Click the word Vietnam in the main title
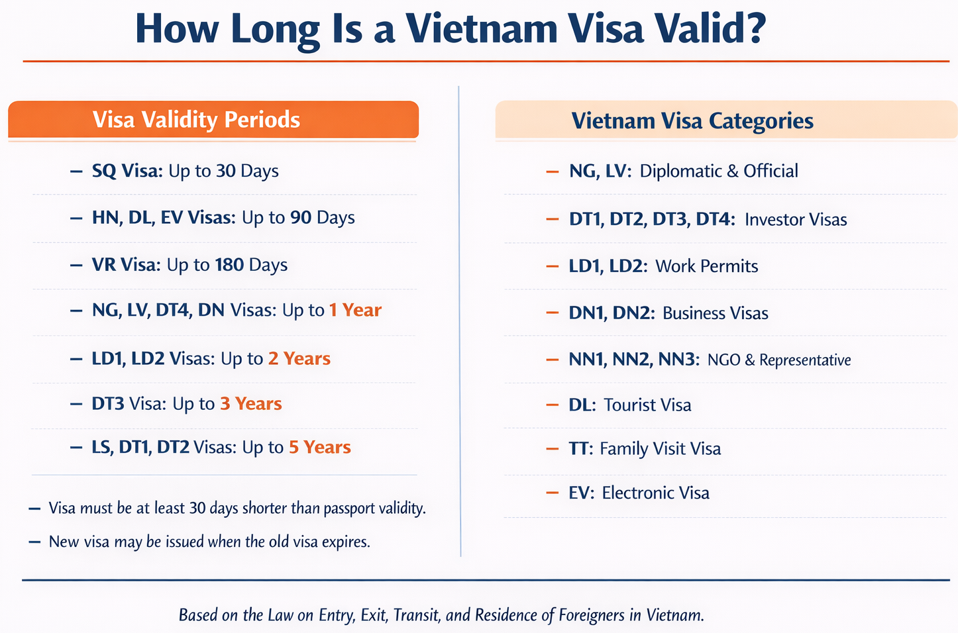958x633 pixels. pos(482,28)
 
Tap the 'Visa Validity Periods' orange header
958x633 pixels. pos(213,119)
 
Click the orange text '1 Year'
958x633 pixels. pos(355,310)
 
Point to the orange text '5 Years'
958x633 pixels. pos(320,447)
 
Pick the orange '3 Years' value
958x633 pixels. pos(251,403)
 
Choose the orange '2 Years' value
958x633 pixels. pos(299,358)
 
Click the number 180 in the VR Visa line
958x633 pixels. pos(229,265)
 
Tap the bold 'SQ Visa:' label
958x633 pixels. pos(127,171)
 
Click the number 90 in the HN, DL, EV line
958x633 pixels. pos(301,218)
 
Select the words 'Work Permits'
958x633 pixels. pos(706,266)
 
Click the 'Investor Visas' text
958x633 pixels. pos(796,219)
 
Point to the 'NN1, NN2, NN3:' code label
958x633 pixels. pos(634,360)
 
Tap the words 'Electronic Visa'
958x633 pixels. pos(656,493)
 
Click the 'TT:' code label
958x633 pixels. pos(581,448)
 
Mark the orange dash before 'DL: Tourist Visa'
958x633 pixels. pos(552,405)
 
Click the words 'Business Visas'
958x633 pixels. pos(715,313)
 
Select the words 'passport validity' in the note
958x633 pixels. pos(374,509)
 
